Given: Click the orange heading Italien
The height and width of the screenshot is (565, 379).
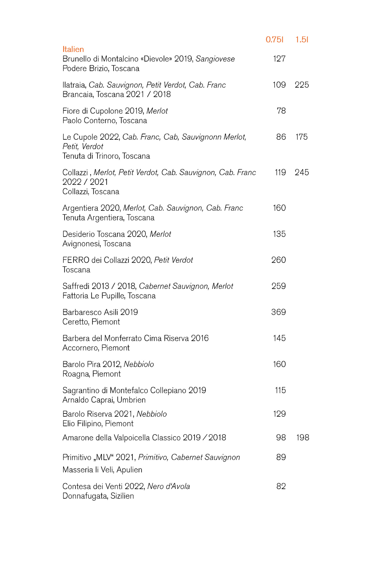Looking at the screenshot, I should (x=73, y=49).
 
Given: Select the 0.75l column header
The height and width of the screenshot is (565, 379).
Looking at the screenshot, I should (x=274, y=40).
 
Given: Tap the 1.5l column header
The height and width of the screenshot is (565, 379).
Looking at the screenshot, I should (x=302, y=40).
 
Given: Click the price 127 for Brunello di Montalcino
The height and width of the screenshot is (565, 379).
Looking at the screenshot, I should (x=279, y=59).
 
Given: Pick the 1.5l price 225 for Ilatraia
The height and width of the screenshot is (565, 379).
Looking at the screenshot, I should (x=302, y=85).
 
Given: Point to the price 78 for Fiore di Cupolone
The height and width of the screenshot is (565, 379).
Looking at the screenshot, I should (x=281, y=111).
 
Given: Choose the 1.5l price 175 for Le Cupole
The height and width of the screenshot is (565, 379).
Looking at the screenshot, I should (x=302, y=137).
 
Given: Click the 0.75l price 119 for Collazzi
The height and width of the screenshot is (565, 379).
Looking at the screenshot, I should (x=280, y=172).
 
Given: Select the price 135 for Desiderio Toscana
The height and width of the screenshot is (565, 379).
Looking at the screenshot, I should (x=279, y=234).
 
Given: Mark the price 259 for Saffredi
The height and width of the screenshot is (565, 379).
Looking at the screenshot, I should (x=278, y=286).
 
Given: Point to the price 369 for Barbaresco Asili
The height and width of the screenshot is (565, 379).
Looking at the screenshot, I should (x=278, y=312).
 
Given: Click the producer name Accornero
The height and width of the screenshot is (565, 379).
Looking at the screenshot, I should (x=81, y=348).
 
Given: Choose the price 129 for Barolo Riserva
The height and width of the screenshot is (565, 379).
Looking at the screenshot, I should (x=279, y=414).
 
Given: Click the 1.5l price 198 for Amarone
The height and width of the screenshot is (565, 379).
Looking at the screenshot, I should (x=302, y=437).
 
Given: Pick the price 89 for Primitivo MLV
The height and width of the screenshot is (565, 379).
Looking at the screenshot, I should (x=281, y=457).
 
